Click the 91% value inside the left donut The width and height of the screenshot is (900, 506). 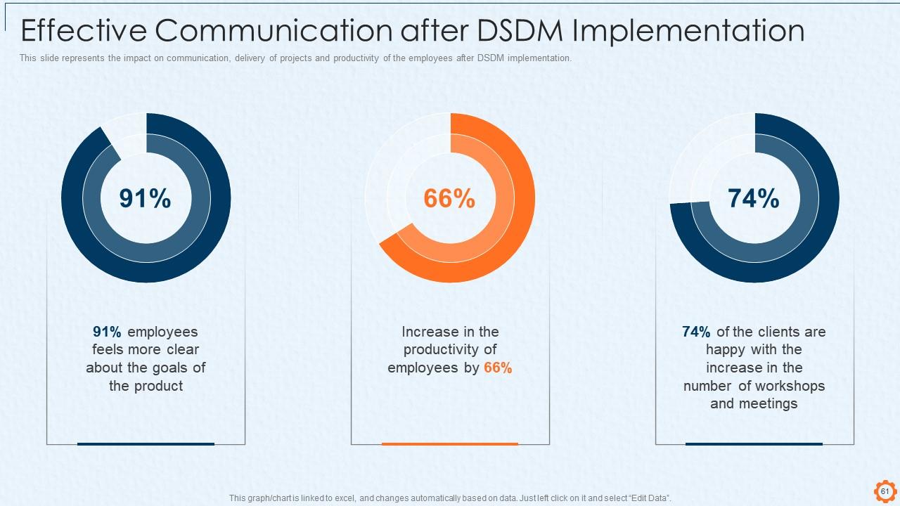click(145, 199)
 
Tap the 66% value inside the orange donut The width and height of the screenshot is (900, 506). click(449, 199)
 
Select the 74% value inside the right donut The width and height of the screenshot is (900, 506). click(754, 199)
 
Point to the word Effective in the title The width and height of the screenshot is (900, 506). click(82, 32)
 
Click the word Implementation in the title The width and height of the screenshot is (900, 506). click(689, 32)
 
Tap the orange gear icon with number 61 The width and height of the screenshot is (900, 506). click(885, 491)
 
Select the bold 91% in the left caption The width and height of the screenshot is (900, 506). click(108, 332)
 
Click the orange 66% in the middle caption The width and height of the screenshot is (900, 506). click(498, 368)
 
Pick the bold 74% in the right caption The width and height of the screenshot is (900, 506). click(696, 332)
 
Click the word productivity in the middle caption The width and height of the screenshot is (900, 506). click(450, 349)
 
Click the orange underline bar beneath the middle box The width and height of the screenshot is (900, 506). click(450, 444)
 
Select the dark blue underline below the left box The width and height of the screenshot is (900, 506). click(146, 444)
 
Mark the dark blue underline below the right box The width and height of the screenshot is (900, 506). click(754, 444)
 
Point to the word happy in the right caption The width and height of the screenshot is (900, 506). click(724, 349)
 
